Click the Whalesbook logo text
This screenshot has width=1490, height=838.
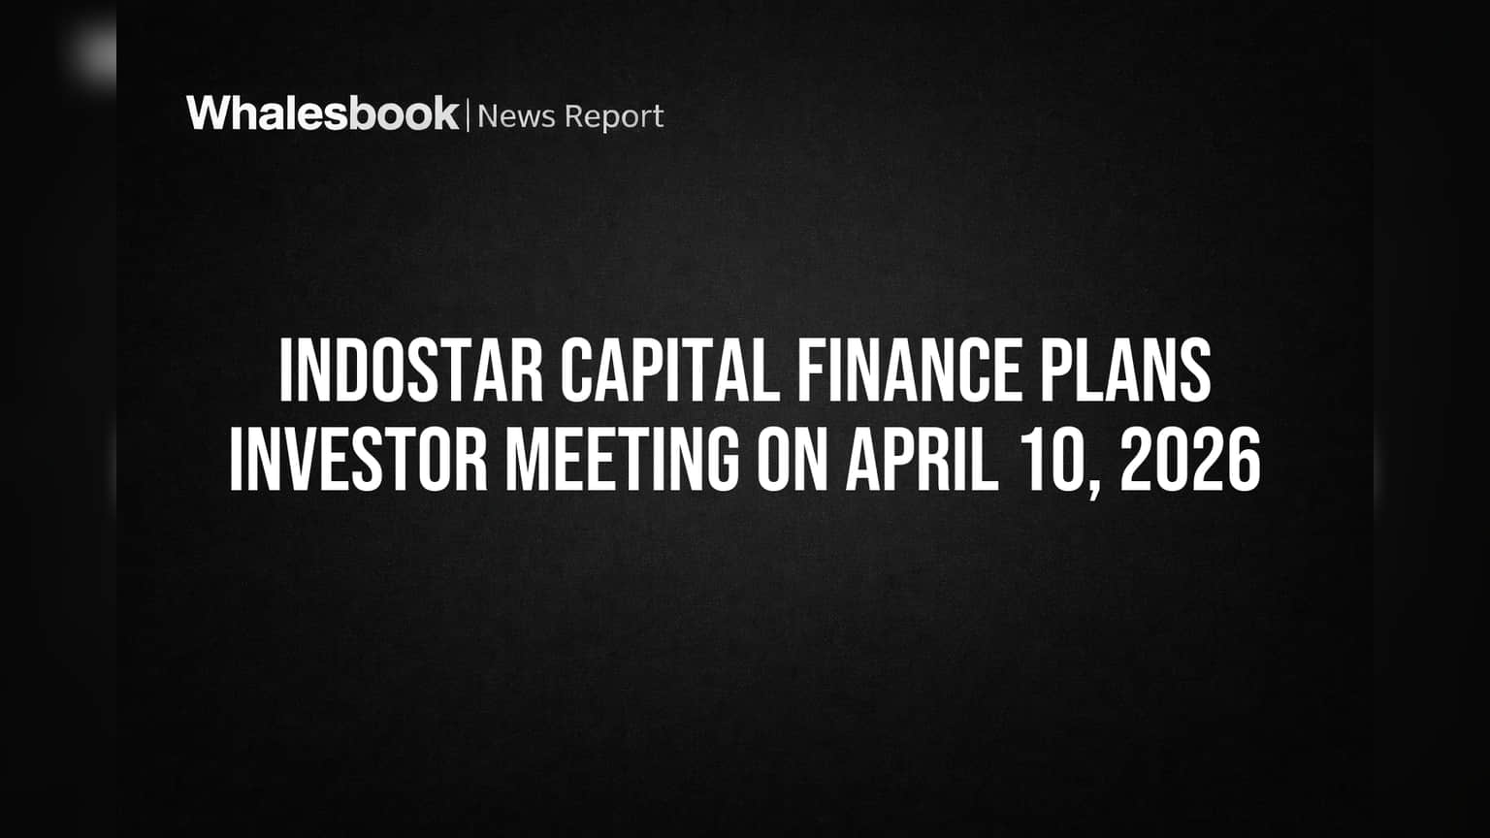click(x=323, y=113)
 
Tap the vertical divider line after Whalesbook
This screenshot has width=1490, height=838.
click(x=468, y=114)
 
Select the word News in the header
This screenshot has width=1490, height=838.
click(x=516, y=116)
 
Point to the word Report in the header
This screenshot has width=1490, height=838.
click(x=614, y=117)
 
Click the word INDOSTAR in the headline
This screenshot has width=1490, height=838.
click(x=411, y=370)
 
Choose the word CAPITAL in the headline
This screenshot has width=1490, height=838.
click(x=670, y=370)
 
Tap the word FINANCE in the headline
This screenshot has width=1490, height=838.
click(x=909, y=370)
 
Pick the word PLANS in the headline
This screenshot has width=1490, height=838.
click(x=1125, y=370)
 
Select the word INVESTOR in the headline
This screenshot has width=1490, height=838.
click(x=359, y=460)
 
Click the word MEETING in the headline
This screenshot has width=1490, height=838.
click(x=622, y=460)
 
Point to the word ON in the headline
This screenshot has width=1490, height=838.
click(x=792, y=460)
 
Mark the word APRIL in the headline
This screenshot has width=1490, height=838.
click(x=922, y=460)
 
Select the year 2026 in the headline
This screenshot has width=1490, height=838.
click(x=1190, y=460)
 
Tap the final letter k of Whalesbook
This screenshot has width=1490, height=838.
click(x=444, y=113)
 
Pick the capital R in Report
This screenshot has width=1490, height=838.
click(x=573, y=116)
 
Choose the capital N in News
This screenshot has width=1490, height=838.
click(x=488, y=116)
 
